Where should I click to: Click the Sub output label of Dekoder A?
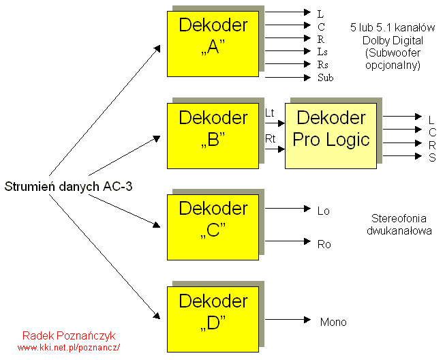[x=325, y=78]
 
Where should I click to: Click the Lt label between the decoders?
[x=269, y=112]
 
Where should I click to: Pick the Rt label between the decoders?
[x=269, y=138]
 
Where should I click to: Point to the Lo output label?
[x=323, y=211]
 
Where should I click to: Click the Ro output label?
[x=324, y=243]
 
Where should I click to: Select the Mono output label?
[x=333, y=322]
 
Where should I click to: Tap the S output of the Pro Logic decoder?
[x=431, y=157]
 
